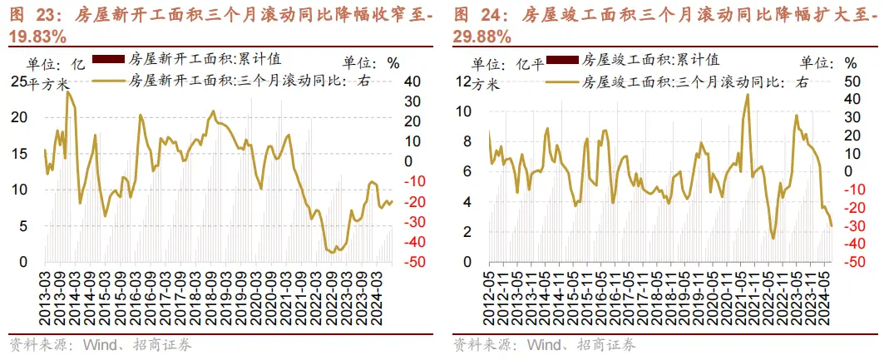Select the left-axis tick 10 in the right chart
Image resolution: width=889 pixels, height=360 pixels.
(465, 111)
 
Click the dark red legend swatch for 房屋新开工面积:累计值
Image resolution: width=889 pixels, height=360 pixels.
(108, 59)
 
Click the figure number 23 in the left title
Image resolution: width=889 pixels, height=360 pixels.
(42, 14)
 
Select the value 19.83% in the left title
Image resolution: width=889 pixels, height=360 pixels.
(37, 36)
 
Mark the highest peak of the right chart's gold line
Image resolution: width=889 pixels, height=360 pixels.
(748, 94)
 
